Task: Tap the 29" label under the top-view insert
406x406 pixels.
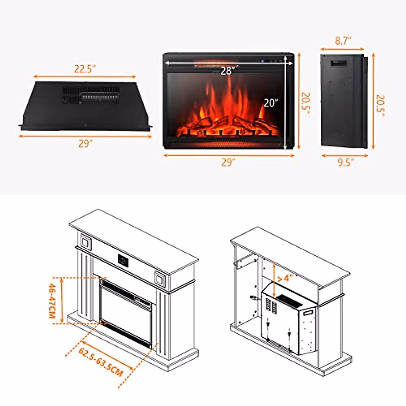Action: point(85,144)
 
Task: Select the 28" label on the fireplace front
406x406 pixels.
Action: point(226,71)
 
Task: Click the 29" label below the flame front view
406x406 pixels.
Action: point(228,163)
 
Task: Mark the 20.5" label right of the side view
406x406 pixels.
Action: point(381,105)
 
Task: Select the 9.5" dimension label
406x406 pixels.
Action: point(345,163)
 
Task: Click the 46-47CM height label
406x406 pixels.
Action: point(52,301)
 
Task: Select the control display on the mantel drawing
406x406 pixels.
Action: point(123,260)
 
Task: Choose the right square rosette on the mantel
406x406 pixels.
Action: point(160,278)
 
